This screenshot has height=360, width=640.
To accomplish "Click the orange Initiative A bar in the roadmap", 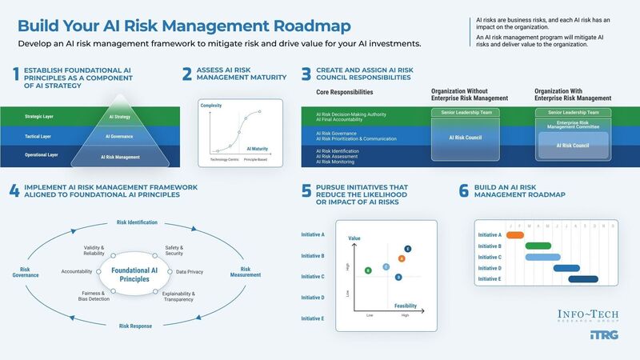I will pos(515,234).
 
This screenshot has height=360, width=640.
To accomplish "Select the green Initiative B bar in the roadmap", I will pos(538,246).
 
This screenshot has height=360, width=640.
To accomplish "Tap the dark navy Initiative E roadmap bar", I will pos(582,279).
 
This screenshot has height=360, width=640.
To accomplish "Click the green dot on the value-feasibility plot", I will pos(367,271).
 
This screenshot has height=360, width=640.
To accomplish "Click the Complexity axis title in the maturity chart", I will pos(210,106).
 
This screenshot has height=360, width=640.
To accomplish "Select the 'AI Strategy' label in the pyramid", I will pos(119,117).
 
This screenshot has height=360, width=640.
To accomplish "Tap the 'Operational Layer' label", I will pos(41,154).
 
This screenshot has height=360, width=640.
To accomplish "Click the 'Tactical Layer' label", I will pos(38,136).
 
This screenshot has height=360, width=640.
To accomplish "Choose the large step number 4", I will pos(14,192).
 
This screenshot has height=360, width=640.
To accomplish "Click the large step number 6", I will pos(463,192).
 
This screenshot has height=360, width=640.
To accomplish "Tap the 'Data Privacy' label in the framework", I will pos(190,272).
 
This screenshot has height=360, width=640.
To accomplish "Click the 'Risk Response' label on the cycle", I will pos(137,326).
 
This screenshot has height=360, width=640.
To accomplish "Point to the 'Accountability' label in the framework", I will pos(77,272).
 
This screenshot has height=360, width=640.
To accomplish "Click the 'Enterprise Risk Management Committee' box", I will pos(572,124).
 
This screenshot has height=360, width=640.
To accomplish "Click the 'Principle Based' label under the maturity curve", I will pos(256,160).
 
